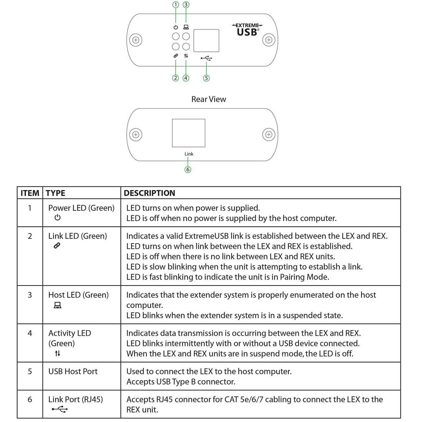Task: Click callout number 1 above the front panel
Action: [175, 5]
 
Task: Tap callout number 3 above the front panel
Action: [186, 5]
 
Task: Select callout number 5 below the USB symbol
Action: [206, 78]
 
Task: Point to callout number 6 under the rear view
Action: [188, 169]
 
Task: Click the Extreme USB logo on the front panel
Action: [247, 30]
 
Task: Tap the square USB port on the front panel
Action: [206, 41]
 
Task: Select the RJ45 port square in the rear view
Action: [189, 133]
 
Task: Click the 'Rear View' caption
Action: [209, 99]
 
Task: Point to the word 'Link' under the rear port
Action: [189, 154]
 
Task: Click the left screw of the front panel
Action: [136, 40]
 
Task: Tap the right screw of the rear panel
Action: [269, 135]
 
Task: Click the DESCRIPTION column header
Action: [149, 193]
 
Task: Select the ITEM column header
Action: [30, 193]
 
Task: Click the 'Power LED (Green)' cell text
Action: [81, 208]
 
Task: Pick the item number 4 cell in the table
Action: [30, 333]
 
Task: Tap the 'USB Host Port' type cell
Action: [73, 372]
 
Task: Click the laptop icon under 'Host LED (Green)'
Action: [58, 305]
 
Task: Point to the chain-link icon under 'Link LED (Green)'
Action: [57, 246]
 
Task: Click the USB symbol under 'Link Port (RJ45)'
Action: [60, 409]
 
